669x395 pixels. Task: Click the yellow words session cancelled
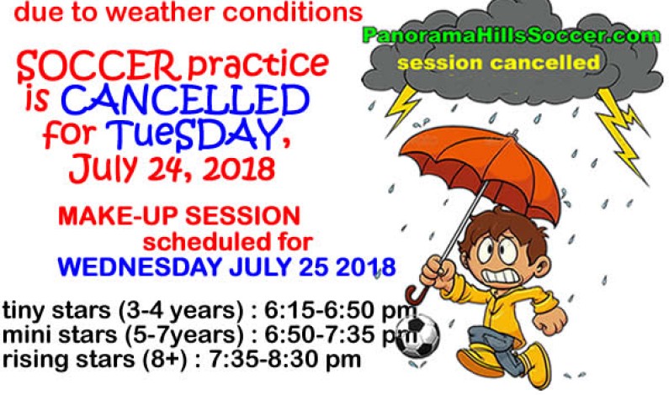pos(499,63)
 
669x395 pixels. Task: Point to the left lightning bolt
pos(403,105)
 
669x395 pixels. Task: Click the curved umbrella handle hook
pos(414,294)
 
